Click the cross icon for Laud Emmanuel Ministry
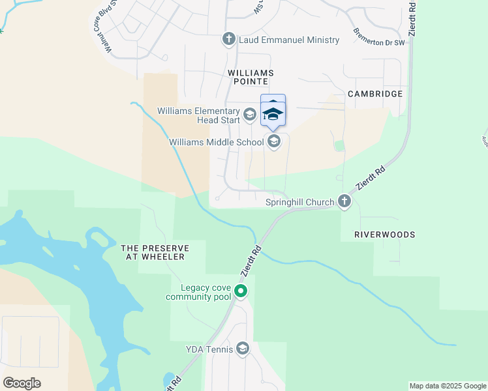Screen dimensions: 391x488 point(228,40)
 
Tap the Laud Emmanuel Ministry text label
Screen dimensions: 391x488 point(289,40)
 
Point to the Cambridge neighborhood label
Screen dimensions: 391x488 point(374,94)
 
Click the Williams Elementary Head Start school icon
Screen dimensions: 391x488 point(249,115)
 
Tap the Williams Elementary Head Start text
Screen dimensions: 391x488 point(198,115)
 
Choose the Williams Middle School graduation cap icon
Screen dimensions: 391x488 point(274,141)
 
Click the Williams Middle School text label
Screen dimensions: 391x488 point(216,142)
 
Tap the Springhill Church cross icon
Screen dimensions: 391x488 point(344,202)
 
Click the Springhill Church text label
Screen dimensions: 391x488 point(299,203)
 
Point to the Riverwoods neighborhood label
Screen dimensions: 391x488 point(384,234)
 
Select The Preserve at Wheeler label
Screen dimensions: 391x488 point(155,252)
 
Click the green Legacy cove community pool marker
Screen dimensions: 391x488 point(241,291)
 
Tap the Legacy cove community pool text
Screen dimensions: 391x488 point(198,292)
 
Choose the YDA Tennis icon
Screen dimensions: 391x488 point(243,349)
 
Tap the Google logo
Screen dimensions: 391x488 point(22,383)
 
